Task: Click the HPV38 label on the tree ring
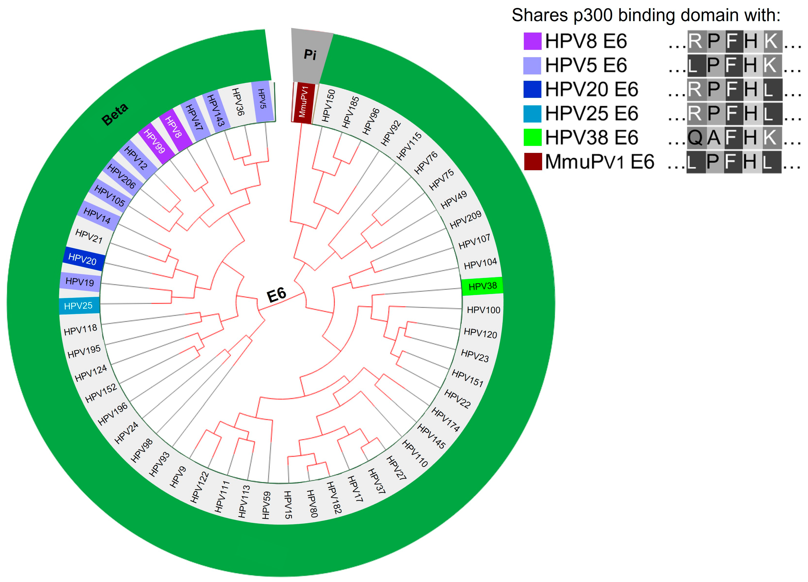coord(482,286)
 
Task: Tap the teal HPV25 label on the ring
coord(78,306)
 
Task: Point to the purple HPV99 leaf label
coord(154,141)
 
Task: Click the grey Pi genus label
coord(310,54)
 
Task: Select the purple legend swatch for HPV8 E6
coord(532,41)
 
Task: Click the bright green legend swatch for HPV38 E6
coord(532,138)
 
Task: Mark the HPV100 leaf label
coord(483,310)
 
